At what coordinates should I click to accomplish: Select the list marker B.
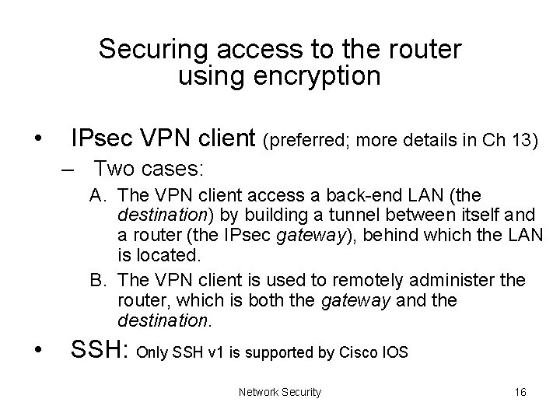pyautogui.click(x=97, y=280)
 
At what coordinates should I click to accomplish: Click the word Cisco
pyautogui.click(x=358, y=353)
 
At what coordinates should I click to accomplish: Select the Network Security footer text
pyautogui.click(x=280, y=392)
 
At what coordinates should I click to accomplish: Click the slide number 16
pyautogui.click(x=520, y=392)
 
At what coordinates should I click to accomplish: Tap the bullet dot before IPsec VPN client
pyautogui.click(x=39, y=140)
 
